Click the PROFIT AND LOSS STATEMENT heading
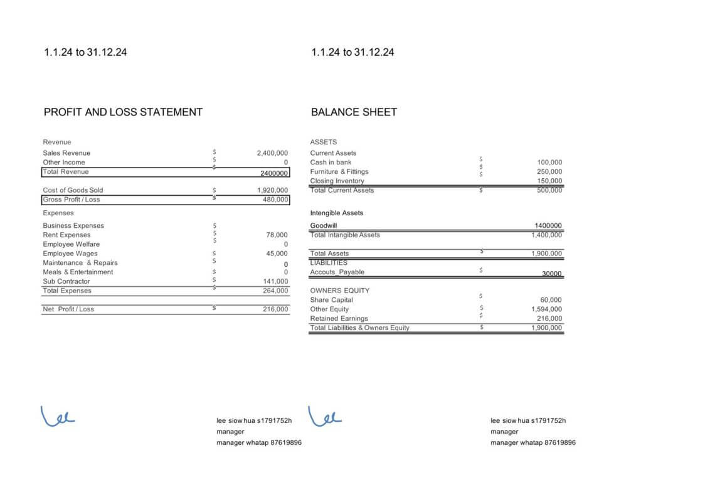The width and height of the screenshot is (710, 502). tap(123, 112)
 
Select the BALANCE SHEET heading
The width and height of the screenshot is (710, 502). tap(354, 112)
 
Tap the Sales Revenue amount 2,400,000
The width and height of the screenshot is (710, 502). tap(272, 153)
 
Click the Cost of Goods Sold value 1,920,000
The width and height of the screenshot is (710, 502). tap(272, 190)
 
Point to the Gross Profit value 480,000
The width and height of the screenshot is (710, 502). tap(275, 200)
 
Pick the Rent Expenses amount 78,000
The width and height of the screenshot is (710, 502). tap(277, 235)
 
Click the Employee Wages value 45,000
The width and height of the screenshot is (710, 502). tap(277, 254)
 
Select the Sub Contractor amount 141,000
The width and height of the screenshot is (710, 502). tap(275, 282)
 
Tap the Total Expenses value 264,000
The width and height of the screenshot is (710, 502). tap(275, 291)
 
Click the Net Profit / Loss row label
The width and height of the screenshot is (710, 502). tap(68, 309)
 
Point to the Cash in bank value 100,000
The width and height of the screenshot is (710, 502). tap(549, 163)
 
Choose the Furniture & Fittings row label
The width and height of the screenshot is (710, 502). tap(339, 172)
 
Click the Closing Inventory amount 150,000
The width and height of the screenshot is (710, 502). tap(549, 181)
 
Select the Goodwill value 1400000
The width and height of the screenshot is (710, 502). tap(548, 226)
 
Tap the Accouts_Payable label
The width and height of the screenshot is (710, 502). tap(337, 272)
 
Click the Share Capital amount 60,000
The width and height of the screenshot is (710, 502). tap(551, 300)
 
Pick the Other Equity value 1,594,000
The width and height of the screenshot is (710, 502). tap(546, 309)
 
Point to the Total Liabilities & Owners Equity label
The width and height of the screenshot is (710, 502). tap(359, 328)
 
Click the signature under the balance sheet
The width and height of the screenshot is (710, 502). tap(326, 416)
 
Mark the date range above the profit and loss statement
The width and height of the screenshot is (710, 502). tap(85, 53)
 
